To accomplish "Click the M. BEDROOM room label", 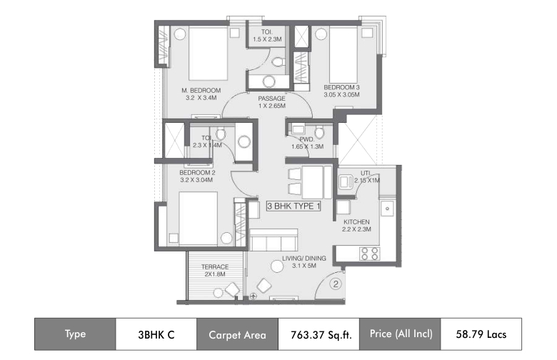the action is pyautogui.click(x=201, y=91).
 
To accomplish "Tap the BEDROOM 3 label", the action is pyautogui.click(x=341, y=87).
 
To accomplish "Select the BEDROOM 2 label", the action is pyautogui.click(x=197, y=173).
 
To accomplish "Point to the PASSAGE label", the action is pyautogui.click(x=272, y=99).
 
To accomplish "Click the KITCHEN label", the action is pyautogui.click(x=356, y=222).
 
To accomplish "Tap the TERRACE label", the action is pyautogui.click(x=215, y=267).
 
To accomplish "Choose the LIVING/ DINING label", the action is pyautogui.click(x=304, y=259).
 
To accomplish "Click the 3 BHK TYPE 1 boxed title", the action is pyautogui.click(x=293, y=206).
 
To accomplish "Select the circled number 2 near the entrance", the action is pyautogui.click(x=336, y=284).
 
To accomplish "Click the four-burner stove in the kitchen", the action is pyautogui.click(x=370, y=254).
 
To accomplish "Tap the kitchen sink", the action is pyautogui.click(x=387, y=209).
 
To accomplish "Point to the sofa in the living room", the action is pyautogui.click(x=274, y=240).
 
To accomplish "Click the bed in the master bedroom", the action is pyautogui.click(x=208, y=54).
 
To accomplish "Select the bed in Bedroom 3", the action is pyautogui.click(x=343, y=55).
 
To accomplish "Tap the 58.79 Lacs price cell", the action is pyautogui.click(x=481, y=334).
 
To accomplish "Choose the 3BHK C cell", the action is pyautogui.click(x=156, y=334).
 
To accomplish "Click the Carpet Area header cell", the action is pyautogui.click(x=237, y=334).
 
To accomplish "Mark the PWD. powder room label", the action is pyautogui.click(x=307, y=139).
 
